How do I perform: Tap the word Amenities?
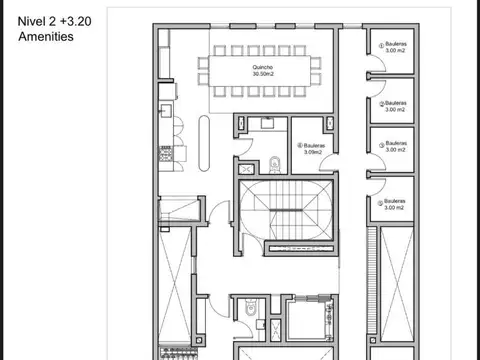pos(46,36)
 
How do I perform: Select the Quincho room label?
pos(264,66)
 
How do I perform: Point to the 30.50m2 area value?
pos(264,74)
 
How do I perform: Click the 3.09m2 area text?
pos(314,150)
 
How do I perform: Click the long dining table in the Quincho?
pos(264,71)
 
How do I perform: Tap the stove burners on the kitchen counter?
pos(163,152)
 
